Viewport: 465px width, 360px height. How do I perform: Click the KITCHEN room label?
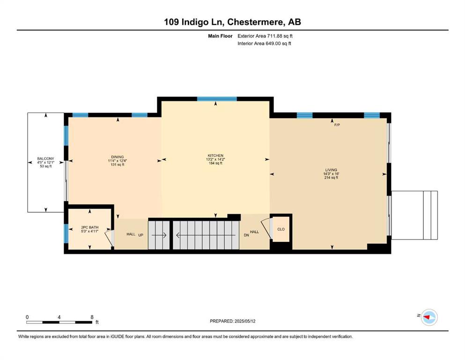[215, 156]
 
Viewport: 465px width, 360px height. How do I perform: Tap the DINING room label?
[118, 157]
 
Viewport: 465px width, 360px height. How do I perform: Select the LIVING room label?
[331, 170]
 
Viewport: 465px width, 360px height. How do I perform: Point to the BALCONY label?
[46, 159]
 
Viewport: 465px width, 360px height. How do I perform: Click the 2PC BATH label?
[89, 227]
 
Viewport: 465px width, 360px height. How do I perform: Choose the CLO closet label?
[281, 229]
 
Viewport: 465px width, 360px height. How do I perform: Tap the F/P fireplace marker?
[337, 125]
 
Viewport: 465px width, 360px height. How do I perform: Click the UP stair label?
[141, 235]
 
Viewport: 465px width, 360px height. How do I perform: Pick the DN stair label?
[246, 235]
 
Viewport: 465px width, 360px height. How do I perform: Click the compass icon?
[429, 317]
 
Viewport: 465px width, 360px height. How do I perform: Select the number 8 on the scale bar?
[92, 317]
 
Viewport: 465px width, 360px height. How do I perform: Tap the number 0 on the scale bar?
[27, 317]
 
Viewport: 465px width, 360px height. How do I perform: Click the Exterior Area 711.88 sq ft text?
[265, 36]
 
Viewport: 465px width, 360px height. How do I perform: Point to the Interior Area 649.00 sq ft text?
[264, 43]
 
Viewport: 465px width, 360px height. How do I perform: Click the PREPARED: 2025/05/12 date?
[232, 321]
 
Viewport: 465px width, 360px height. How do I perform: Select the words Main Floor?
[220, 36]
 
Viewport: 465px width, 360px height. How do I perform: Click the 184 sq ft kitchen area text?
[215, 163]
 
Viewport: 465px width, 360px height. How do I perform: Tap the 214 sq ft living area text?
[331, 178]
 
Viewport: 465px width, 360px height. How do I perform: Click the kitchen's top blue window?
[217, 99]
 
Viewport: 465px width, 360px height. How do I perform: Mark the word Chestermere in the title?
[256, 22]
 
